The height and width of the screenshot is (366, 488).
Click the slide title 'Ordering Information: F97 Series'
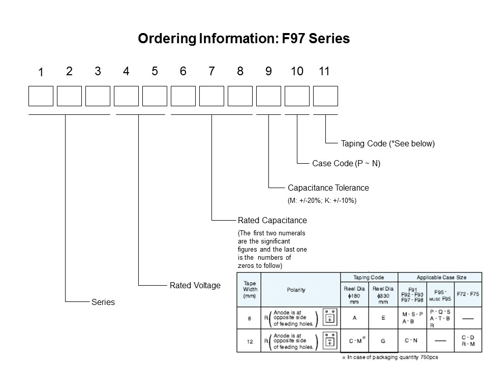pyautogui.click(x=244, y=39)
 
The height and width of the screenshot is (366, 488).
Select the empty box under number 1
pyautogui.click(x=41, y=96)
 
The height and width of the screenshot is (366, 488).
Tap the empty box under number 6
pyautogui.click(x=183, y=96)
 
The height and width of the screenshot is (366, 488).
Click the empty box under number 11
pyautogui.click(x=325, y=96)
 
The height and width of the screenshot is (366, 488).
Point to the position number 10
pyautogui.click(x=297, y=72)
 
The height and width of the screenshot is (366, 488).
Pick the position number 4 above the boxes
pyautogui.click(x=126, y=72)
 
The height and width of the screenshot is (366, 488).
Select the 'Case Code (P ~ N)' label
pyautogui.click(x=346, y=164)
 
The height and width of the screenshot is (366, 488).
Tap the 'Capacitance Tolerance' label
pyautogui.click(x=328, y=188)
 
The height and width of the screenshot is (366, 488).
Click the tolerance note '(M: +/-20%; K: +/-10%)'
pyautogui.click(x=322, y=200)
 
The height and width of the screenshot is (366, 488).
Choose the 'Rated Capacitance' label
pyautogui.click(x=272, y=221)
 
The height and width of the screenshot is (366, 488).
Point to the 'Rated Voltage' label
pyautogui.click(x=195, y=285)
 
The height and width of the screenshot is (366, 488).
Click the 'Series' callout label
pyautogui.click(x=103, y=302)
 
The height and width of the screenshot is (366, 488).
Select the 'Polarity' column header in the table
pyautogui.click(x=296, y=290)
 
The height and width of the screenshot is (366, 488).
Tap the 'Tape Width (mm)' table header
pyautogui.click(x=250, y=290)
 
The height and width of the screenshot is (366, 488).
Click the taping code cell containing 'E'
pyautogui.click(x=383, y=318)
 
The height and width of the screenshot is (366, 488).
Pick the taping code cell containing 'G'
pyautogui.click(x=383, y=341)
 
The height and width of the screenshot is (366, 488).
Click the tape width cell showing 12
pyautogui.click(x=250, y=342)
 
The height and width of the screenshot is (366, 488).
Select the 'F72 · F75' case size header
pyautogui.click(x=468, y=294)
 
